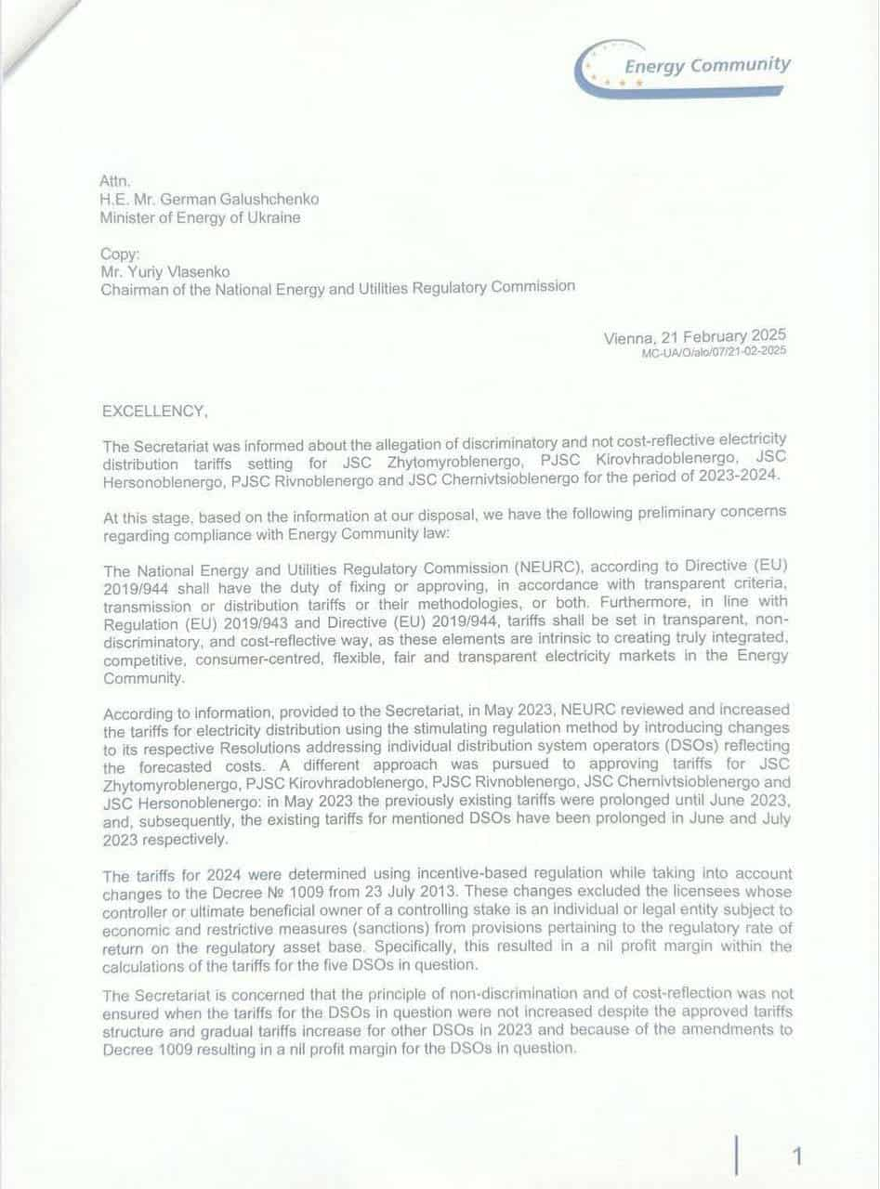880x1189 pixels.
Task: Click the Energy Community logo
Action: pyautogui.click(x=683, y=70)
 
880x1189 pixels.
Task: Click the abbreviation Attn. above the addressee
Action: pyautogui.click(x=113, y=183)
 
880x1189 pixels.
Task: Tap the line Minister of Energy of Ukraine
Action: pyautogui.click(x=201, y=218)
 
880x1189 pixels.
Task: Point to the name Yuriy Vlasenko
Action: pyautogui.click(x=183, y=271)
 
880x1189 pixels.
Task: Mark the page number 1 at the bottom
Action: pyautogui.click(x=796, y=1156)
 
